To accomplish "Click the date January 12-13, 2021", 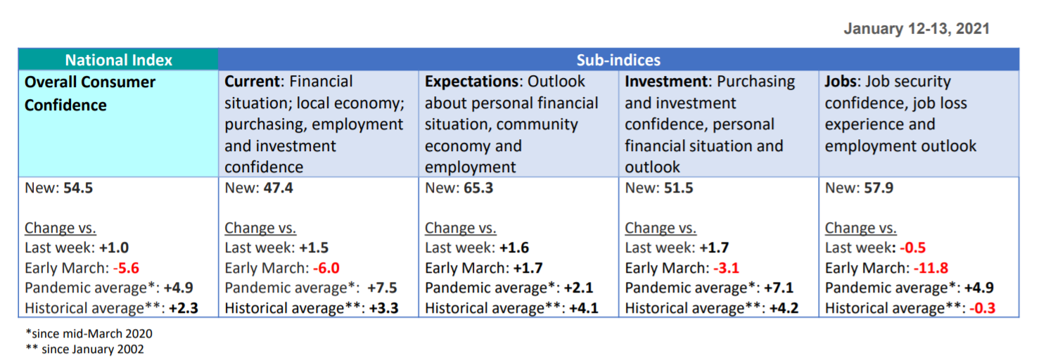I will click(x=917, y=29).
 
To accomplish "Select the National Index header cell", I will click(x=118, y=60).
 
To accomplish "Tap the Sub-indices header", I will click(x=618, y=60).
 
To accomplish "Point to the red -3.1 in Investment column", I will click(x=727, y=268).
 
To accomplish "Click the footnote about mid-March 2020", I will click(x=89, y=333).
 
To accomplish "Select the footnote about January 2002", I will click(x=84, y=349).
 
